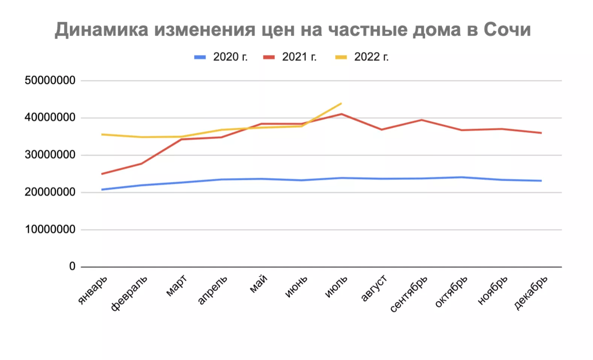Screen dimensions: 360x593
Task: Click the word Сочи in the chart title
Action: [x=507, y=30]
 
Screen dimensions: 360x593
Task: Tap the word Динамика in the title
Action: [x=101, y=30]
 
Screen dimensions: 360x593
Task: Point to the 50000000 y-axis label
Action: [x=50, y=80]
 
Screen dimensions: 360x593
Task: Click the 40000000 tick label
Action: [x=50, y=118]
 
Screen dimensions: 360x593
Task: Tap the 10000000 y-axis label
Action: [x=50, y=229]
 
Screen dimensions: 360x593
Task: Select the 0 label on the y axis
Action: [x=72, y=266]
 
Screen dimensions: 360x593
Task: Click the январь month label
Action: [x=92, y=289]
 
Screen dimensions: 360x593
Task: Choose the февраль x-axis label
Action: [x=129, y=293]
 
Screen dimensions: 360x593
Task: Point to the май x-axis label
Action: [x=259, y=284]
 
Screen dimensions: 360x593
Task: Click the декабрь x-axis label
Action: [x=531, y=293]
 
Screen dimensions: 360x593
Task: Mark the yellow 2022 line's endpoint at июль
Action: [x=341, y=103]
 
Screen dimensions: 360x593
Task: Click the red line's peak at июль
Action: [x=341, y=114]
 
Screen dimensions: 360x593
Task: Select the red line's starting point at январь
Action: [x=102, y=174]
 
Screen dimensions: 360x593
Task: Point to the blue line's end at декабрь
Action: [x=541, y=181]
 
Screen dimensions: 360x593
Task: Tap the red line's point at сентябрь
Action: [x=422, y=120]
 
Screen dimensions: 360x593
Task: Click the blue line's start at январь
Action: [x=102, y=190]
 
